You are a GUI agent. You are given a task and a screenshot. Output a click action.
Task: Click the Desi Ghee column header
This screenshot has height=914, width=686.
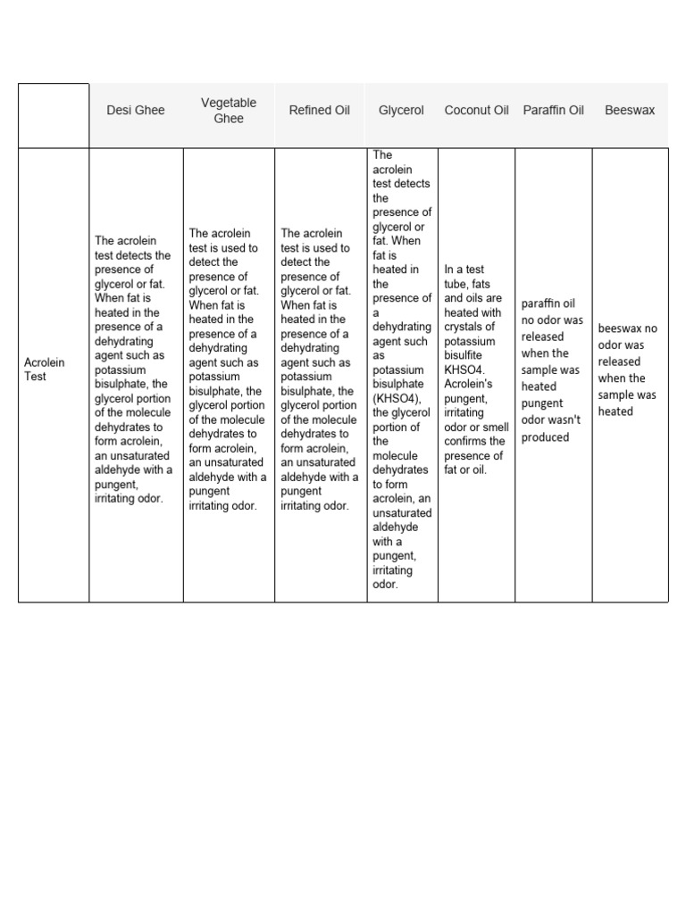click(x=136, y=111)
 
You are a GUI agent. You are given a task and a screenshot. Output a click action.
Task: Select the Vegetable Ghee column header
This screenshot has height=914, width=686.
click(x=229, y=111)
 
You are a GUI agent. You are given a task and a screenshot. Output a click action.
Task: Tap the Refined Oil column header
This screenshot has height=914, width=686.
click(x=320, y=111)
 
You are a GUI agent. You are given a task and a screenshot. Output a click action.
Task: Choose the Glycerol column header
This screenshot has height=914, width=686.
click(x=401, y=111)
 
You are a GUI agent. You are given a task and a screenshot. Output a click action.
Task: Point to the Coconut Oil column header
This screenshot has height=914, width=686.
click(x=476, y=111)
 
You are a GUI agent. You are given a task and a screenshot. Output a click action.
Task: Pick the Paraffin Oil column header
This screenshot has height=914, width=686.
click(x=553, y=111)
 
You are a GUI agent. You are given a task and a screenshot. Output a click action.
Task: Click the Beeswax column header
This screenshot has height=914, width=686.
click(x=630, y=111)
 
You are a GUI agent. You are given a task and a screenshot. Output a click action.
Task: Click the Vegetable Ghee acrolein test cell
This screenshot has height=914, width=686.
click(x=228, y=370)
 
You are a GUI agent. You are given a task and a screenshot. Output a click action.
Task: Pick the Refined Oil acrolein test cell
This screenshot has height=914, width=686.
click(x=320, y=370)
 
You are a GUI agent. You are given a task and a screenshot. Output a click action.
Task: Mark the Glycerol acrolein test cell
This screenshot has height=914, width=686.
click(x=401, y=370)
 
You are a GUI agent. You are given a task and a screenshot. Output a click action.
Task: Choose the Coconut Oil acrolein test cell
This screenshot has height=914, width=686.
click(x=475, y=370)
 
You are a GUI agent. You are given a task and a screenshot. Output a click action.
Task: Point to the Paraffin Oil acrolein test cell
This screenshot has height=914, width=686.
click(x=552, y=370)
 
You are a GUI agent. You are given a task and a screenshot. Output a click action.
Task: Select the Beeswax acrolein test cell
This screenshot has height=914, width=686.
click(x=629, y=370)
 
